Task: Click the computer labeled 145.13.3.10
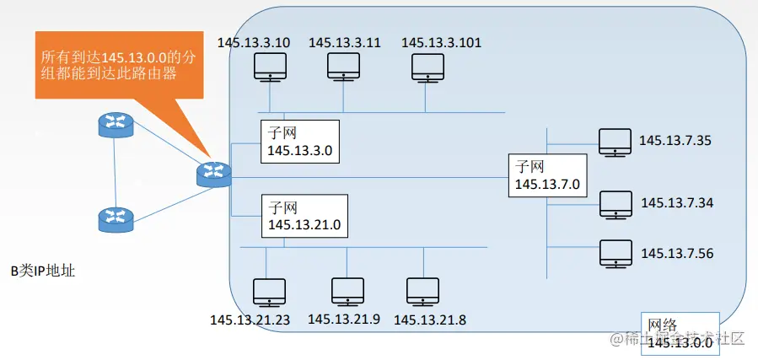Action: (270, 67)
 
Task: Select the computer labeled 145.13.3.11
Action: (344, 67)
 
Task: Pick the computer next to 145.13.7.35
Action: (614, 142)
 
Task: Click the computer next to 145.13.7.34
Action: (616, 205)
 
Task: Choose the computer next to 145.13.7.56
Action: (616, 253)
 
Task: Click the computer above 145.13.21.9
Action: (347, 291)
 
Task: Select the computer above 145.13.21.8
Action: (422, 291)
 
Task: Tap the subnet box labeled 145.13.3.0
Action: (298, 142)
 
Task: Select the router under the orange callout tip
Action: (213, 173)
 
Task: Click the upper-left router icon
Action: (116, 126)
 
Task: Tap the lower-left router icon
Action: (116, 218)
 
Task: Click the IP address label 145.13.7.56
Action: (677, 253)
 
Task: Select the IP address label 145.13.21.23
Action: (250, 320)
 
